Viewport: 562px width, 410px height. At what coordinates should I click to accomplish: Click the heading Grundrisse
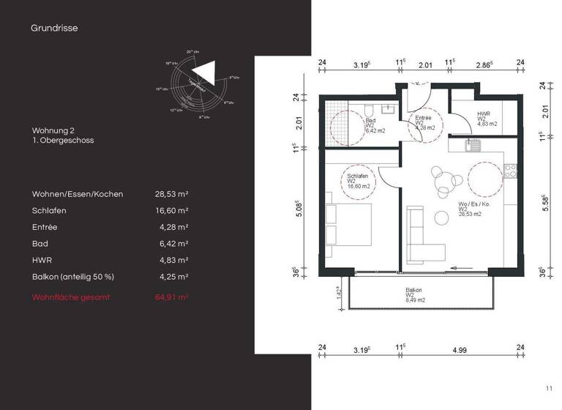[x=54, y=29]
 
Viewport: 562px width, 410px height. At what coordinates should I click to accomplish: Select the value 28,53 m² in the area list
[x=172, y=194]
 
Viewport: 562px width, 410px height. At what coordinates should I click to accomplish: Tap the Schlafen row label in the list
[x=49, y=210]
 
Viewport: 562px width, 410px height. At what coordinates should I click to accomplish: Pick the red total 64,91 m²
[x=172, y=297]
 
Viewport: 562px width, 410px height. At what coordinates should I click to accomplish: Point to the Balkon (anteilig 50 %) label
[x=73, y=277]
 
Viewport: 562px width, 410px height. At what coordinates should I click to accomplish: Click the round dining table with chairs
[x=441, y=181]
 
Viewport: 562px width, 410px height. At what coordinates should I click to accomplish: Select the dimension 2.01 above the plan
[x=425, y=65]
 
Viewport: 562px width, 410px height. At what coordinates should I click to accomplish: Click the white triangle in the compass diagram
[x=205, y=72]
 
